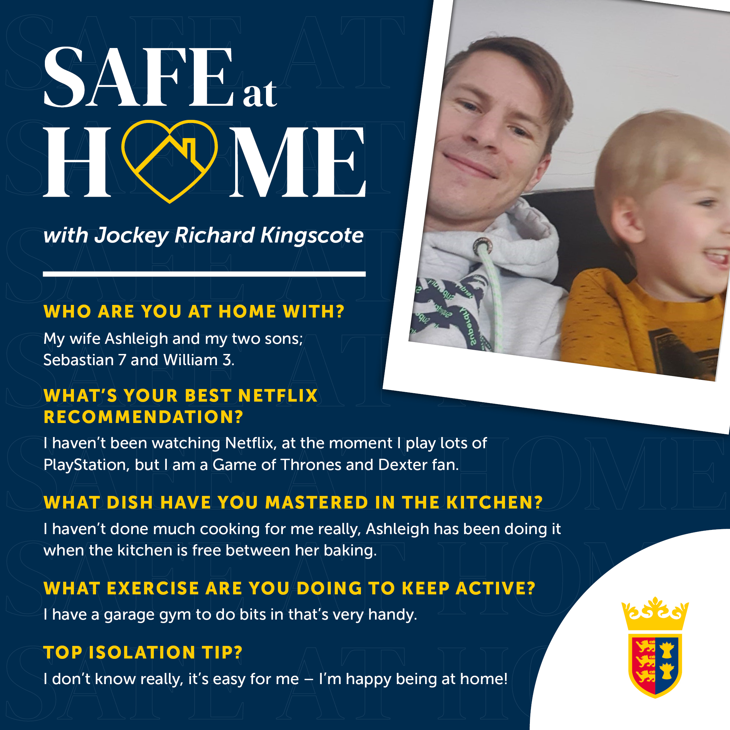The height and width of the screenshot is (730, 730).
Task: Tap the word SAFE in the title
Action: tap(139, 77)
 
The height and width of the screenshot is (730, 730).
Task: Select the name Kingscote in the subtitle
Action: tap(312, 236)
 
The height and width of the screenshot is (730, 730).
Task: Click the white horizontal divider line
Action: tap(204, 274)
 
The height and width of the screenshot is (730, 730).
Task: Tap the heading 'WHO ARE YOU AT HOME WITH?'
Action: tap(194, 312)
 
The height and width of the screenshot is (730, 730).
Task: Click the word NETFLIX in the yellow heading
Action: tap(278, 396)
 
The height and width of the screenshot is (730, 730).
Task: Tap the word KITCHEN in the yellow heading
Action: tap(494, 503)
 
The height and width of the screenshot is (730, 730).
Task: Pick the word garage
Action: tap(130, 616)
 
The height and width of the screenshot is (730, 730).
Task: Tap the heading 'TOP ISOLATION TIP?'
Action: tap(143, 653)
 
